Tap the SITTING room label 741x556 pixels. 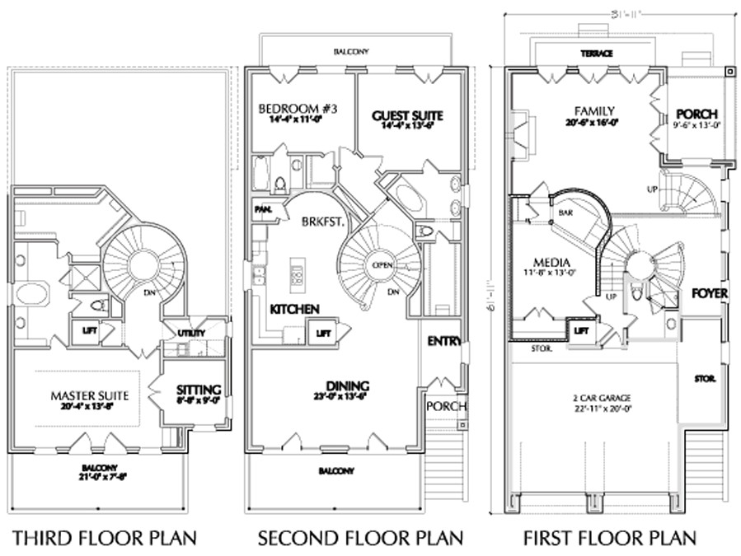click(x=199, y=390)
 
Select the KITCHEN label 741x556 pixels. click(x=294, y=308)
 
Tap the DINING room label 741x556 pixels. click(x=348, y=385)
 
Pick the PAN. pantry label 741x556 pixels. click(x=264, y=209)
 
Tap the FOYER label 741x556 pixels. click(x=709, y=293)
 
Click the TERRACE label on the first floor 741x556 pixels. click(x=595, y=54)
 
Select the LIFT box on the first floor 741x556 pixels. click(x=580, y=331)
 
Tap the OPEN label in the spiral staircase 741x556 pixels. click(x=382, y=265)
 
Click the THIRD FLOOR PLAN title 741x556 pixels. click(x=104, y=539)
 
